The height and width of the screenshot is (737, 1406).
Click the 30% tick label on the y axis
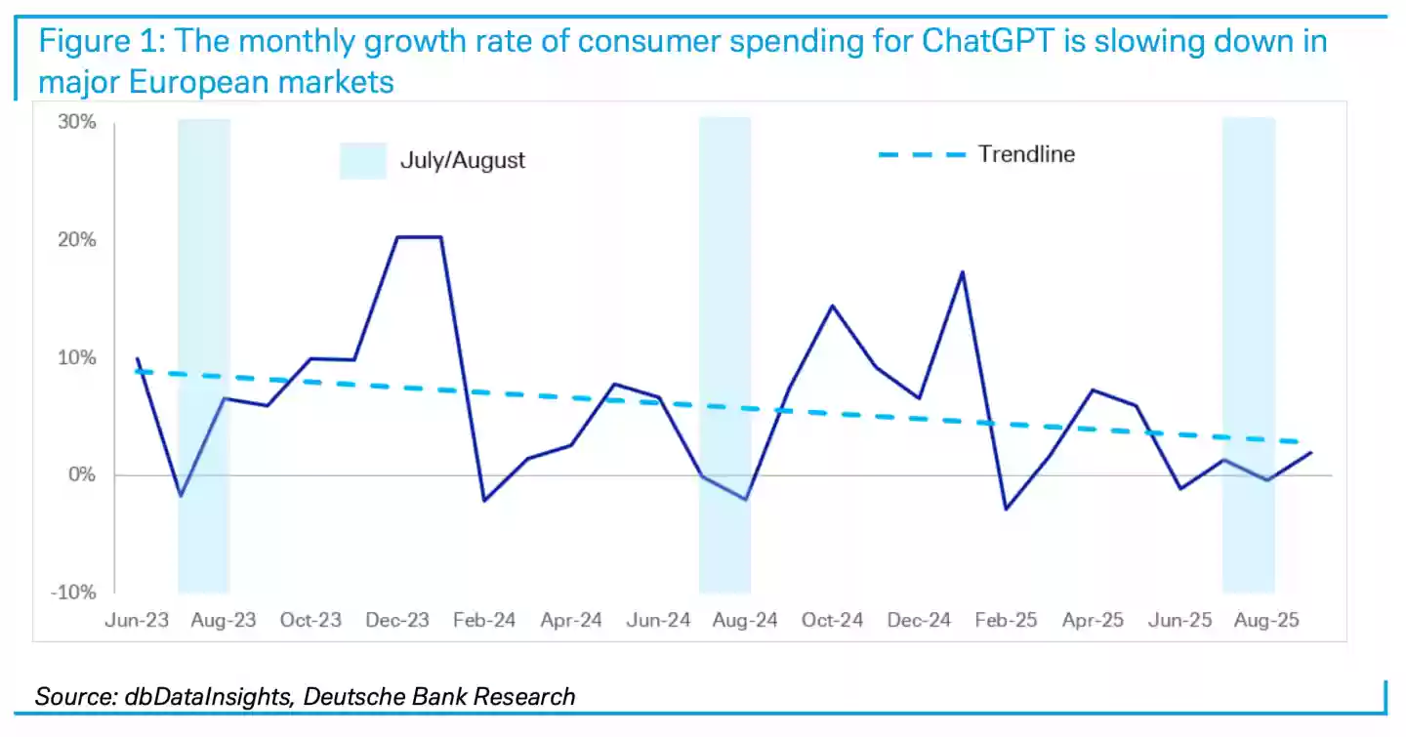[x=79, y=123]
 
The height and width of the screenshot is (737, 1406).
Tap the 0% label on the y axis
[x=84, y=475]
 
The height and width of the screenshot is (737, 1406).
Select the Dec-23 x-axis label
[x=396, y=621]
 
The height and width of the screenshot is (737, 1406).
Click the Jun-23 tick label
[x=136, y=621]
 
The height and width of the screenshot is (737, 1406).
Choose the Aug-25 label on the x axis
[x=1266, y=621]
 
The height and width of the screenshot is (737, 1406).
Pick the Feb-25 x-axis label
[x=1005, y=621]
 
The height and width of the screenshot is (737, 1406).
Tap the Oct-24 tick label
[x=832, y=621]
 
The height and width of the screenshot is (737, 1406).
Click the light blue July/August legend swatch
[x=363, y=160]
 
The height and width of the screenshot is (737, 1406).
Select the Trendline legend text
[x=1026, y=154]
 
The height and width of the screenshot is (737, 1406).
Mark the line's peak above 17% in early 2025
[x=963, y=271]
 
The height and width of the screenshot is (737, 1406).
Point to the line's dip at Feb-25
[x=1006, y=509]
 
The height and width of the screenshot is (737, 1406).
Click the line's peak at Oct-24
[x=832, y=306]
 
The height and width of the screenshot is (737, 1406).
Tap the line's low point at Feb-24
[x=483, y=501]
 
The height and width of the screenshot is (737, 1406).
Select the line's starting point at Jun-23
[x=137, y=358]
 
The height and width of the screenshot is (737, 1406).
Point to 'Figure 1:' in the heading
[x=98, y=43]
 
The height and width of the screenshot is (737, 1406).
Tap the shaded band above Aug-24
[x=724, y=293]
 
